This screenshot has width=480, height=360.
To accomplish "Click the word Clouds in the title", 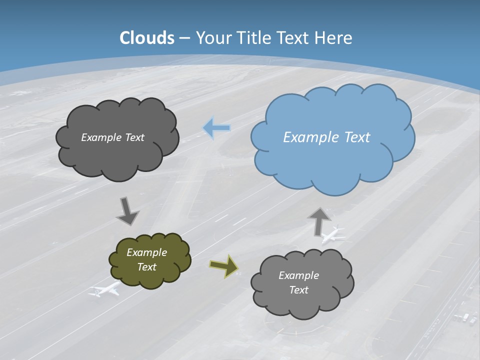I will click(x=147, y=38).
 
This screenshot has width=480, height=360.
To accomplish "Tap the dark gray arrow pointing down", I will click(x=128, y=210).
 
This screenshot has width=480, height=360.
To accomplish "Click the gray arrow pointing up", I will click(x=319, y=220).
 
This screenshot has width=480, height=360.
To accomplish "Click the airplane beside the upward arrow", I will click(x=334, y=234).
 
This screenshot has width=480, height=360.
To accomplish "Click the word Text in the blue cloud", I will click(x=356, y=137).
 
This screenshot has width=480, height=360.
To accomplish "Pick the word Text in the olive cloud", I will click(x=147, y=267).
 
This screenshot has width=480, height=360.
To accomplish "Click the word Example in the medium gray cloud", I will click(x=298, y=275).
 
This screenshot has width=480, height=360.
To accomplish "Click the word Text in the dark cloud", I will click(x=134, y=137).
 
